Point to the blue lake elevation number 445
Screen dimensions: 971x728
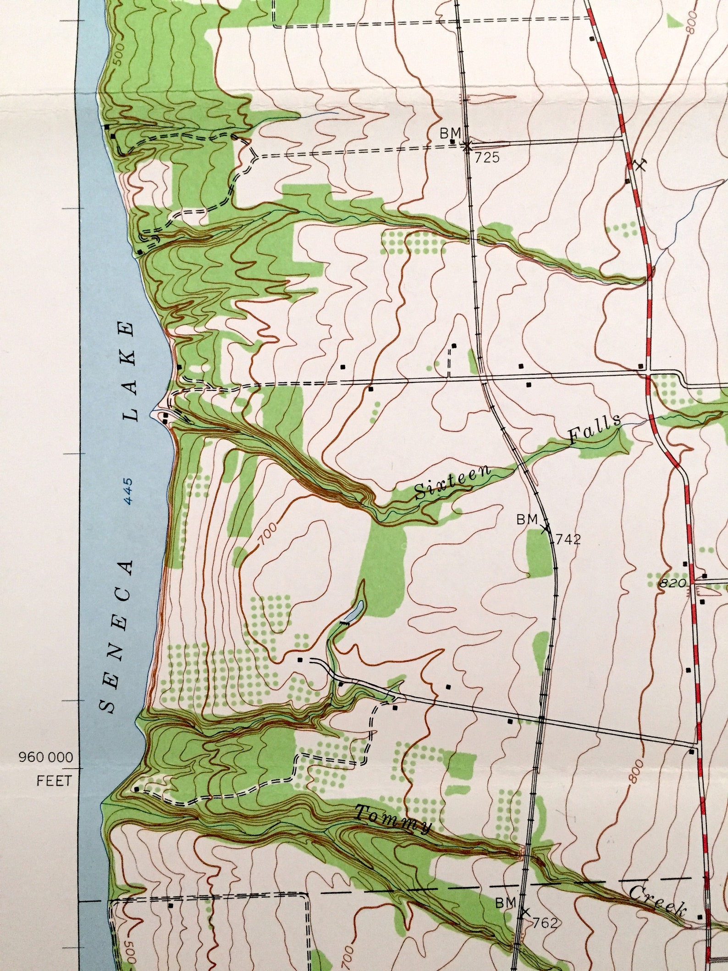pos(128,491)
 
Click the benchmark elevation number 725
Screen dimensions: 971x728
pos(487,159)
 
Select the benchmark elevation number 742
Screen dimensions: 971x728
pos(568,539)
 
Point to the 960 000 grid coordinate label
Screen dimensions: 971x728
pos(46,757)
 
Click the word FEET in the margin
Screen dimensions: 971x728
pos(54,781)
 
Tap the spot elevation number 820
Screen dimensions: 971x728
pos(673,583)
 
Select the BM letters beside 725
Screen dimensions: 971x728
pos(450,133)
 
